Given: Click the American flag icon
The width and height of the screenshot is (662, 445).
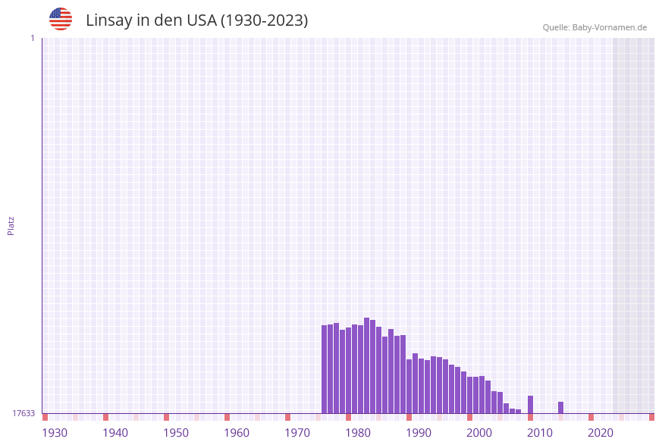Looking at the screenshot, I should coord(61,19).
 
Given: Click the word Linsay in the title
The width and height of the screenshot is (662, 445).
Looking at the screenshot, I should coord(109,20).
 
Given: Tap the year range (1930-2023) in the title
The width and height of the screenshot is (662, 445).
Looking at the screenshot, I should coord(264,20).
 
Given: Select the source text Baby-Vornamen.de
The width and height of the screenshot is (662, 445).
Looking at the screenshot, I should coord(609,28).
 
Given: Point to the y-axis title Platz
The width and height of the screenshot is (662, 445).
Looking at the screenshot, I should coord(11,225).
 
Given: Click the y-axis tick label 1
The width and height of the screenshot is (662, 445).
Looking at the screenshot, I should coord(33,38).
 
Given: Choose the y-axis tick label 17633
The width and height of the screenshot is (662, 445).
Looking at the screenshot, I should coord(24,413).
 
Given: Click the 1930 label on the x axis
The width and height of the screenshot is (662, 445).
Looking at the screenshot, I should coord(55,433).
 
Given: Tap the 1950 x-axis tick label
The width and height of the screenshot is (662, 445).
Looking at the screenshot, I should coord(176,433).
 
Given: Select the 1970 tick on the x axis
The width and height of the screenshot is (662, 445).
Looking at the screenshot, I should coord(297,433).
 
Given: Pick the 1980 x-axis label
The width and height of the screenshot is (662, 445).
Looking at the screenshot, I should coord(358,433).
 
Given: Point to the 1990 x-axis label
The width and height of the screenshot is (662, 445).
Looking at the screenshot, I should coord(419,433).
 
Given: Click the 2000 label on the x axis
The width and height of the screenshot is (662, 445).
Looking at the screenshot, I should coord(479,433).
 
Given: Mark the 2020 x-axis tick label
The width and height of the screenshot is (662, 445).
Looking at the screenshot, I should coord(601,433).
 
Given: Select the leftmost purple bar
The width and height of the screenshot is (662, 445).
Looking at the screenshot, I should coord(324,369).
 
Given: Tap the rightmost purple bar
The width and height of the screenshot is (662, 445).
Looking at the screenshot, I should coord(560,408).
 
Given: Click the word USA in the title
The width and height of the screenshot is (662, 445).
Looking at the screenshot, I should coord(201,20).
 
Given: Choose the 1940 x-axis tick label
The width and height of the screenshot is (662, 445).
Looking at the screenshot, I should coord(115,433).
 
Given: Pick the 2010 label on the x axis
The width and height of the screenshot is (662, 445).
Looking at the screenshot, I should coord(540,433).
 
